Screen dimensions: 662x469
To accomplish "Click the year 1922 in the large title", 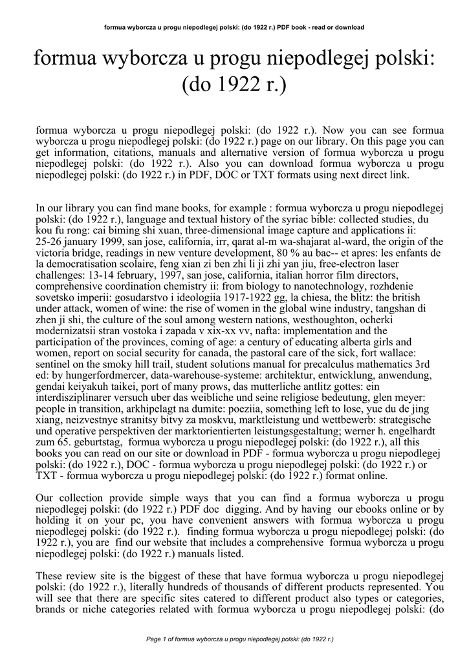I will coord(232,85).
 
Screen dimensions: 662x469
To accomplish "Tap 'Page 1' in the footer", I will coord(159,639).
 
